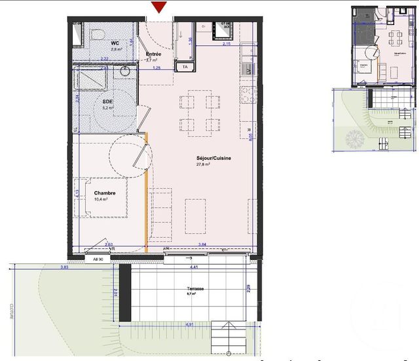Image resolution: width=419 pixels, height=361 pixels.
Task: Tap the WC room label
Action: pyautogui.click(x=96, y=43)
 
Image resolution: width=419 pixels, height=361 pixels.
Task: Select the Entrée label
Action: pyautogui.click(x=154, y=54)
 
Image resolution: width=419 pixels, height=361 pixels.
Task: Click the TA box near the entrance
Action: pyautogui.click(x=185, y=66)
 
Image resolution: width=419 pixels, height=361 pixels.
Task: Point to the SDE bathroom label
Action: pyautogui.click(x=90, y=102)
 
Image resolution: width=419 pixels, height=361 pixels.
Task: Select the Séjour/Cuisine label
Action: pyautogui.click(x=213, y=158)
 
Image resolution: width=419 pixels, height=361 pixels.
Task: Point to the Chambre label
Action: pyautogui.click(x=105, y=193)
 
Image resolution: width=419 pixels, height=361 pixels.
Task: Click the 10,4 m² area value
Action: pyautogui.click(x=100, y=199)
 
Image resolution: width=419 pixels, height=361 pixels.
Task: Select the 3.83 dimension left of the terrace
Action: pyautogui.click(x=64, y=267)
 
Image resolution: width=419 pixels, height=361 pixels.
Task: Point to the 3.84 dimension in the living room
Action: pyautogui.click(x=202, y=244)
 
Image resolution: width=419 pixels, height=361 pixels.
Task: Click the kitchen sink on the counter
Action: pyautogui.click(x=247, y=68)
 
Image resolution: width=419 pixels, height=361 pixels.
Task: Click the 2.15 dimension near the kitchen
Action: pyautogui.click(x=227, y=44)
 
